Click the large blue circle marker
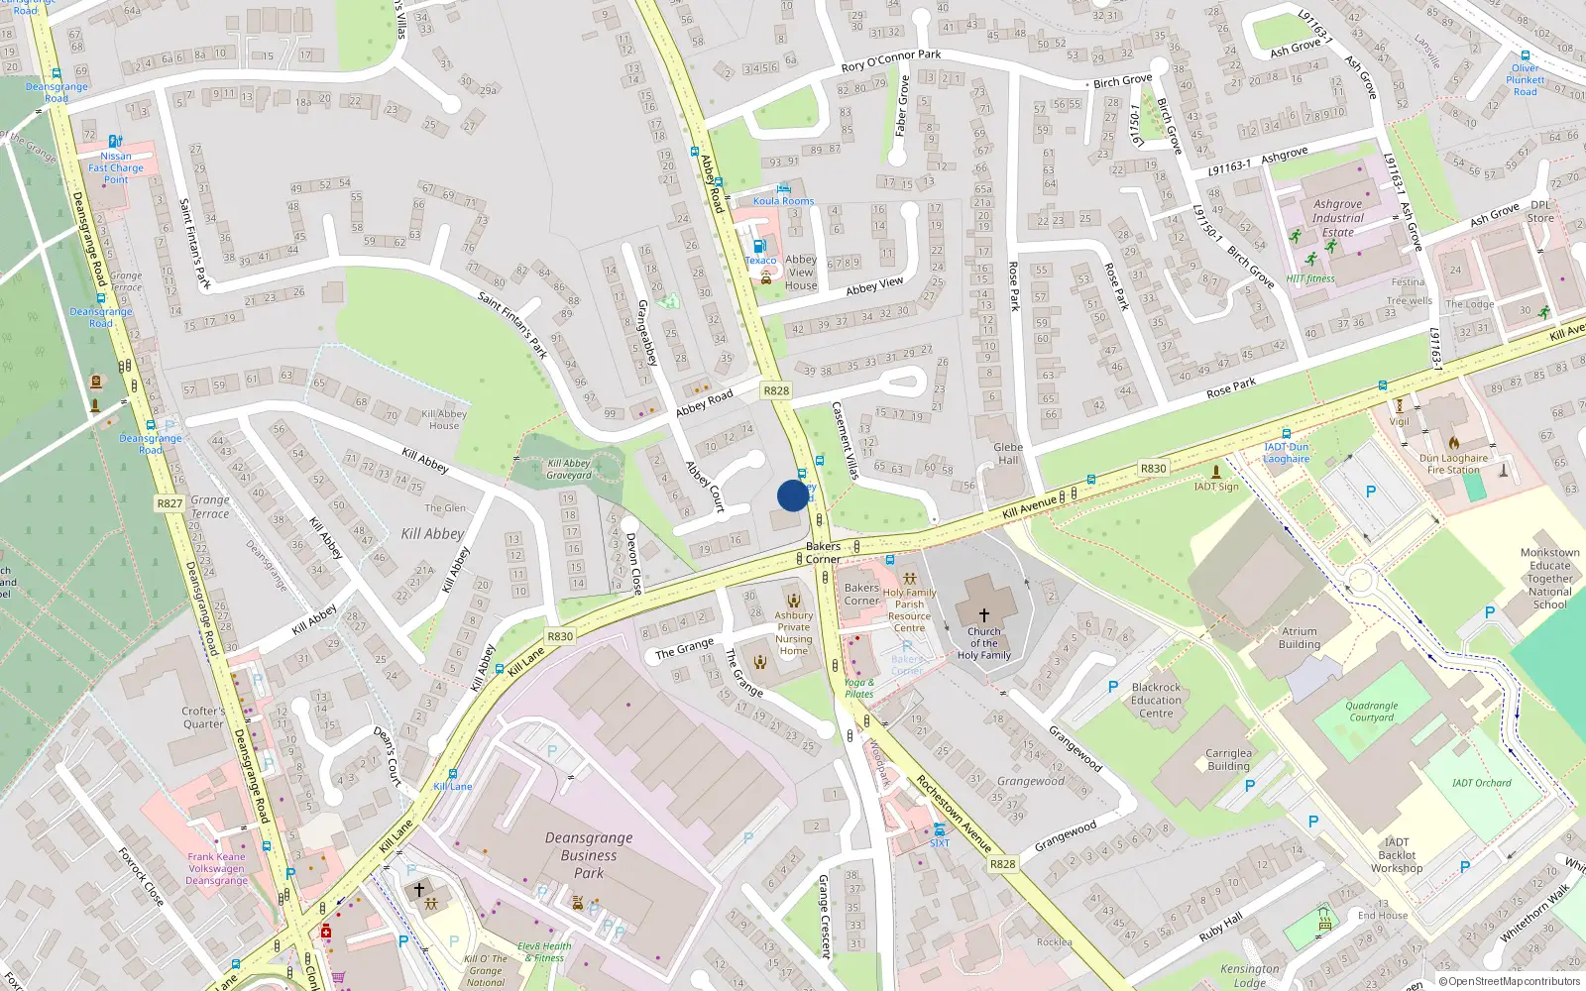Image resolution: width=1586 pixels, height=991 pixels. click(793, 495)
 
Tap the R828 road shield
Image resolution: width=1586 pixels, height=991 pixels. click(776, 390)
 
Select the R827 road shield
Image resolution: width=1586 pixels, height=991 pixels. click(170, 503)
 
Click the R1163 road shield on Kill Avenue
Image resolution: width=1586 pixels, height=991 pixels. click(1153, 468)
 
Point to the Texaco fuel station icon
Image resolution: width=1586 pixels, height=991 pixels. click(759, 246)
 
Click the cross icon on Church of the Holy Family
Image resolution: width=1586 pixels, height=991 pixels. click(983, 614)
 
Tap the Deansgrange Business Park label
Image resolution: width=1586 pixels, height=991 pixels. click(589, 855)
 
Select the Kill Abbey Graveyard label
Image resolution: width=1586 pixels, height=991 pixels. click(569, 469)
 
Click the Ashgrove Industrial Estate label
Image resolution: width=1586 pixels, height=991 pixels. click(1338, 218)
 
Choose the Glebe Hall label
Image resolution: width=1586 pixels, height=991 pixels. click(1008, 453)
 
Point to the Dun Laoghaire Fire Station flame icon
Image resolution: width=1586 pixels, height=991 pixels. click(1454, 442)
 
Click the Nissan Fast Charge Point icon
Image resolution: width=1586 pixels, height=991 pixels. click(115, 142)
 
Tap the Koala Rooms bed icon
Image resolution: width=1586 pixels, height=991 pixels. click(783, 187)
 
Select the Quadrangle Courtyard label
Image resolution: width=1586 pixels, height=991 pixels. click(1372, 712)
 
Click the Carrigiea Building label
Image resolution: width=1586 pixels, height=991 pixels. click(1228, 759)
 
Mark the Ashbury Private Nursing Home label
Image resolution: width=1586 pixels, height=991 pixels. click(793, 632)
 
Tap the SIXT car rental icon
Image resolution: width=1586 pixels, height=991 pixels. click(939, 829)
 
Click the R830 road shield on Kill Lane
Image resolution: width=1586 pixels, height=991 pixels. click(560, 636)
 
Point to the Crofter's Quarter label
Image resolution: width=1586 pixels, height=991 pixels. click(203, 717)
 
